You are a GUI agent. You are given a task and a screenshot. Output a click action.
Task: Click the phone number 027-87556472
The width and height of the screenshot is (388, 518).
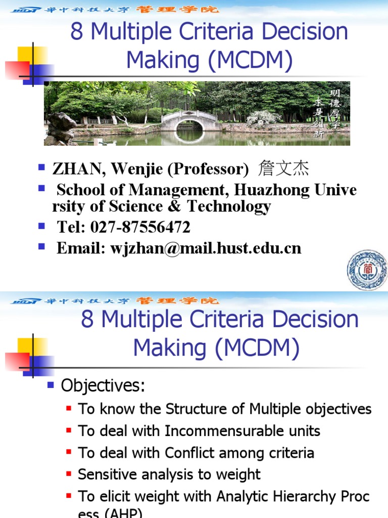click(140, 227)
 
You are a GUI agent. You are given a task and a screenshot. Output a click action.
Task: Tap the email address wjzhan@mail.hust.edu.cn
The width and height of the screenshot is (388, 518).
click(206, 248)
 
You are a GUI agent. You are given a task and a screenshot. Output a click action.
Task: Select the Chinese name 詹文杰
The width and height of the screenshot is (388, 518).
click(283, 168)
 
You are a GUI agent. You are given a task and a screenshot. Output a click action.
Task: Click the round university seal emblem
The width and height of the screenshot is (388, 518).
click(367, 270)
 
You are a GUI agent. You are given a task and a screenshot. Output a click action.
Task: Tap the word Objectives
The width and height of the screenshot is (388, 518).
click(103, 386)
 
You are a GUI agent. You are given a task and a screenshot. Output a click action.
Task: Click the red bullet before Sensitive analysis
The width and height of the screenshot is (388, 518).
click(69, 474)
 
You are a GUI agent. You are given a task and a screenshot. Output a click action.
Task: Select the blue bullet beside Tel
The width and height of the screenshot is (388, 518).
click(42, 226)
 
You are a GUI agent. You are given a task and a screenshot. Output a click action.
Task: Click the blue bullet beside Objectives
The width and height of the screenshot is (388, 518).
click(51, 385)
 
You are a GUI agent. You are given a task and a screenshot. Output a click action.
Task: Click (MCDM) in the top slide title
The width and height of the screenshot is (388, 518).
click(249, 60)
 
